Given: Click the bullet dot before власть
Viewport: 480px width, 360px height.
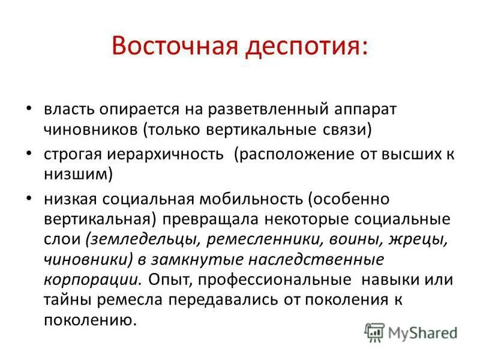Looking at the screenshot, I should [x=31, y=109].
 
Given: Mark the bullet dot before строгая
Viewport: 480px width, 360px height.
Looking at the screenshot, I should [x=31, y=152].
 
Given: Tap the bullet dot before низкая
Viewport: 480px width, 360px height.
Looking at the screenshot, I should [x=31, y=197].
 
